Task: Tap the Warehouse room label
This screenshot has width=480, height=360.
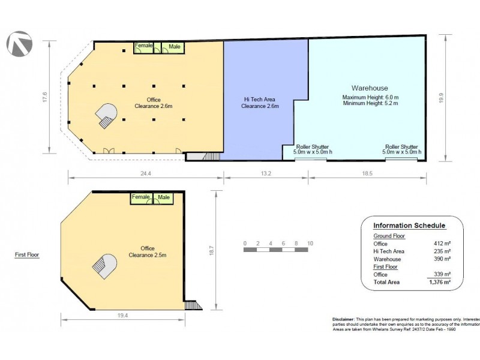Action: (x=370, y=88)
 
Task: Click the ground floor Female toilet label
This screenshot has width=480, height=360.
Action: (x=144, y=46)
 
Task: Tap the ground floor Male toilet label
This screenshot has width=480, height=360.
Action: (x=175, y=46)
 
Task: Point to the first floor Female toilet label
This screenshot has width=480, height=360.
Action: (x=140, y=197)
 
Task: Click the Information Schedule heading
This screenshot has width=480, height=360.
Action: (x=409, y=226)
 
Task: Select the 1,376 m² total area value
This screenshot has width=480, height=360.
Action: (x=439, y=281)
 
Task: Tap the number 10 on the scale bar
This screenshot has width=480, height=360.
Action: (x=310, y=243)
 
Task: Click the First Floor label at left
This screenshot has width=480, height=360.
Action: (x=27, y=254)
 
